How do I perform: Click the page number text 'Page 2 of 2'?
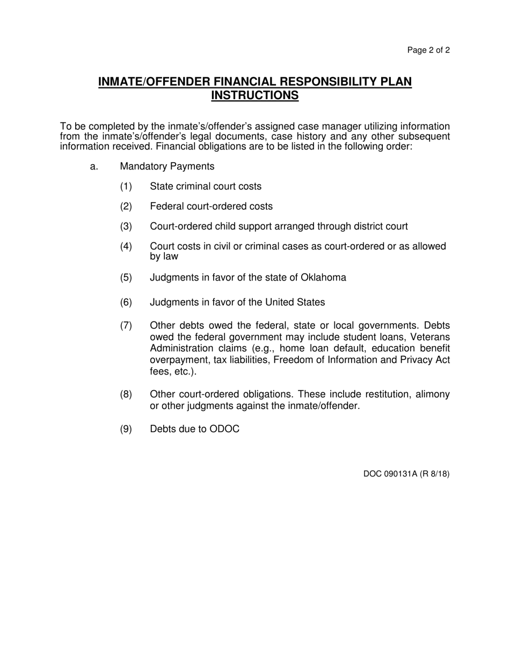(428, 50)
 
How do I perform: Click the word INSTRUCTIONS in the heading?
(255, 96)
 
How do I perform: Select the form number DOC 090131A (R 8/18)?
(406, 474)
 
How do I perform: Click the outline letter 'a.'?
(94, 167)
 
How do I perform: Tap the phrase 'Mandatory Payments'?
(167, 167)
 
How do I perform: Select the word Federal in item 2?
(165, 207)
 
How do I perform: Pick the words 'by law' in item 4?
(164, 256)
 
